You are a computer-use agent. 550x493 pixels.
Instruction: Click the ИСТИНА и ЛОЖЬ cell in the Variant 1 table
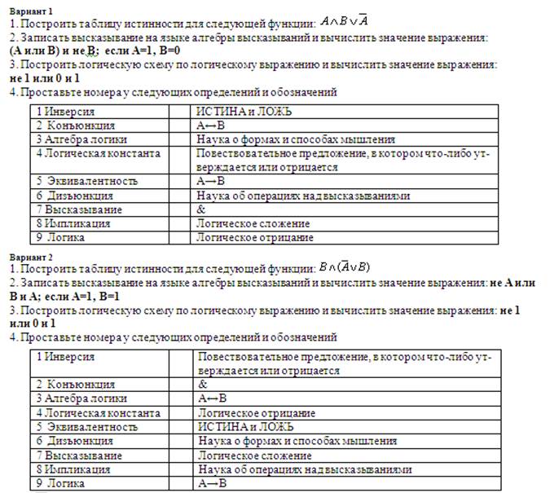[245, 112]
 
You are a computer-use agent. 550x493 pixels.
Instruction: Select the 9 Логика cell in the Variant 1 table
[61, 237]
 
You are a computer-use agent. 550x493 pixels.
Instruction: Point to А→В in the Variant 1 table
[211, 181]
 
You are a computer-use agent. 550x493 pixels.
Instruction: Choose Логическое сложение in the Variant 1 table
[253, 223]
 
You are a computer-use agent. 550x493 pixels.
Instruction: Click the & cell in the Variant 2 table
[204, 384]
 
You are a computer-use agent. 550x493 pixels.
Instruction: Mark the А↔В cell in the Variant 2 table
[213, 398]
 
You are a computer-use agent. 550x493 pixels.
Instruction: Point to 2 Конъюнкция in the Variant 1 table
[76, 126]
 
